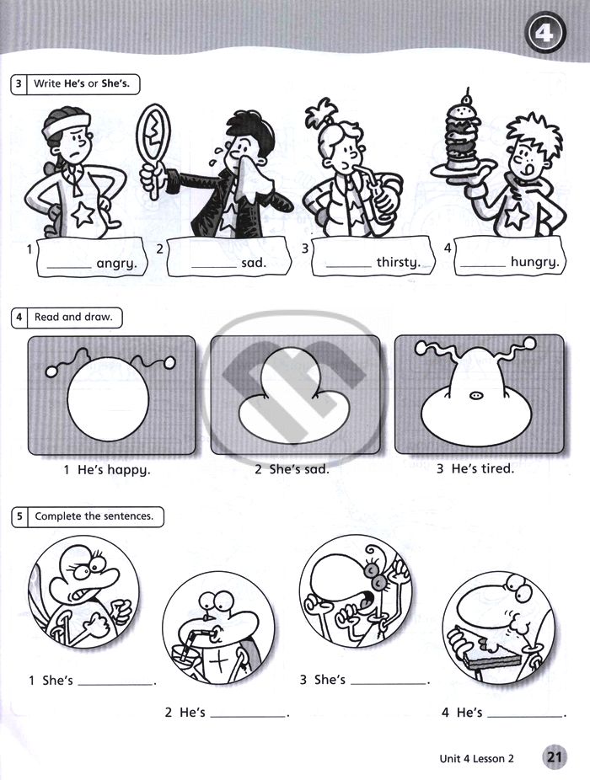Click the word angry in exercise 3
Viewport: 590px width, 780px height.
(116, 263)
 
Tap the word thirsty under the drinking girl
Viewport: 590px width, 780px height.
(399, 262)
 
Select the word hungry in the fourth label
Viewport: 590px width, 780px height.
(534, 262)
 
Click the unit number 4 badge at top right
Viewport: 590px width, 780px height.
(544, 34)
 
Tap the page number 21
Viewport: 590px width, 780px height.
(554, 757)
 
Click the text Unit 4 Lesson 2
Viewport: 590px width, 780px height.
(476, 759)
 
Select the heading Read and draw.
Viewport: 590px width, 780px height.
(73, 317)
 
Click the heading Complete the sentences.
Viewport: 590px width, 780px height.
(94, 516)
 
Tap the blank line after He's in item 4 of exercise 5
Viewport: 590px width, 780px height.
(525, 716)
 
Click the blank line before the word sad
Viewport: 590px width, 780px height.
(214, 268)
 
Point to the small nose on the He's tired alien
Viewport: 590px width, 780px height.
(476, 395)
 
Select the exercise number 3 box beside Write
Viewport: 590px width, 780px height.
(19, 83)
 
